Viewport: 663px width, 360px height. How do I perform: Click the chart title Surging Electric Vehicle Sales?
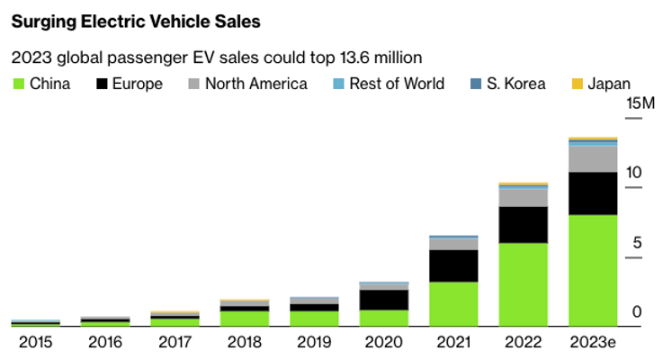(x=133, y=20)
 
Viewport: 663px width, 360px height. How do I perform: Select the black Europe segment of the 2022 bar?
(x=523, y=225)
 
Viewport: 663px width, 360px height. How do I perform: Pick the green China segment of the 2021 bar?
(x=453, y=303)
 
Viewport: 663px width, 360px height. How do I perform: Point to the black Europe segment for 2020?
(x=384, y=300)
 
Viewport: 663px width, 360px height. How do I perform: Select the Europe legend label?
(x=138, y=84)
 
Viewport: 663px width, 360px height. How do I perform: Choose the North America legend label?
(x=255, y=84)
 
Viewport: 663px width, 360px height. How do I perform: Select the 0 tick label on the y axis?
(x=636, y=311)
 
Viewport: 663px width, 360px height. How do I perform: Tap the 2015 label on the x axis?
(x=36, y=342)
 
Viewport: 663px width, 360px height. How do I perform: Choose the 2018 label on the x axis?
(x=245, y=342)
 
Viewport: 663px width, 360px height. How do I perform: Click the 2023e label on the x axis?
(x=592, y=342)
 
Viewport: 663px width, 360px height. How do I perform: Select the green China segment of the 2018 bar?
(x=245, y=318)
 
